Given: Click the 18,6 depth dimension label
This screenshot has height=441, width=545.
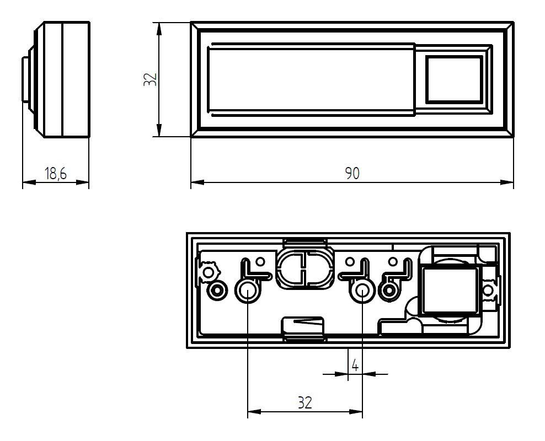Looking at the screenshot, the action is (55, 173).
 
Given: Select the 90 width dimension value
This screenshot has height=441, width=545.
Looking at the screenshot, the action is (352, 173).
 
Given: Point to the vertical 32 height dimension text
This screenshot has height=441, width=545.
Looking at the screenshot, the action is (150, 79).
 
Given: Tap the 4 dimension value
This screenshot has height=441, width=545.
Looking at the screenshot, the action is (355, 365).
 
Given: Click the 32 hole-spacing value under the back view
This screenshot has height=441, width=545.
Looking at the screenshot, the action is (305, 402).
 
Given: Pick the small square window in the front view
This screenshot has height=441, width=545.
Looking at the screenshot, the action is (454, 79).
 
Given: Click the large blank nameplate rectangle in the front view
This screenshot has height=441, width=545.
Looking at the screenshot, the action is (312, 79).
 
